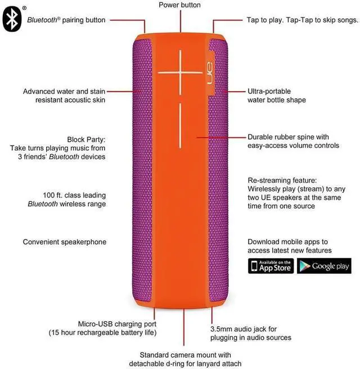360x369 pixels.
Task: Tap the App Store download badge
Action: tap(271, 266)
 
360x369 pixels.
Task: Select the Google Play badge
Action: tap(324, 266)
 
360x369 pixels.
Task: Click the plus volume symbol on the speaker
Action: tap(181, 72)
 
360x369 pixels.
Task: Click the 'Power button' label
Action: tap(179, 5)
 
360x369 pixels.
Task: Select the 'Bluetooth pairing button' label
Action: tap(66, 20)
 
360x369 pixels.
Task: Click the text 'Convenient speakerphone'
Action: tap(65, 242)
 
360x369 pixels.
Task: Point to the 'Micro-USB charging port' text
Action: tap(117, 324)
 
